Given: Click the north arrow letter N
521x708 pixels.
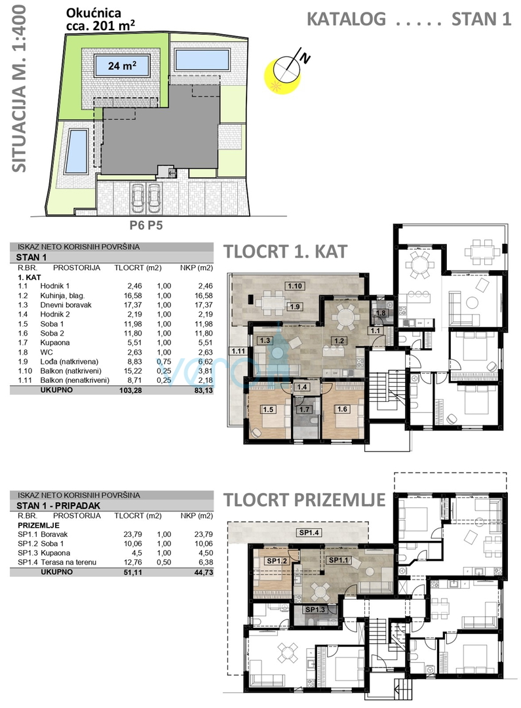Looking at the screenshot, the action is (x=306, y=58).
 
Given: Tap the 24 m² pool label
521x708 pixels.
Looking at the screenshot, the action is (x=122, y=66).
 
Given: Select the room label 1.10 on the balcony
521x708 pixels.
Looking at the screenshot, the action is (x=294, y=286).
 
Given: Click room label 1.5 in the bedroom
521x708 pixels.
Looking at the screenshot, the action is (x=268, y=410).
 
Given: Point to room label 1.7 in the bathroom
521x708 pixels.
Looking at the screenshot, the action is (x=304, y=410).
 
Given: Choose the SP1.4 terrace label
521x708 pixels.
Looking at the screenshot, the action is (x=309, y=533).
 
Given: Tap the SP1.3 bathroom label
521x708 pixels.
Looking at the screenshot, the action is (x=315, y=610).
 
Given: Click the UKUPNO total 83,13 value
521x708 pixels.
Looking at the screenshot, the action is (x=203, y=391).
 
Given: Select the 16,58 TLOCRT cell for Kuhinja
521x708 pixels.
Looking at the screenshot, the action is (x=132, y=296).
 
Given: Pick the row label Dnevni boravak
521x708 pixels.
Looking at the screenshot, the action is (x=66, y=305).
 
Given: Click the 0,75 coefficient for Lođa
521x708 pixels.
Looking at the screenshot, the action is (x=164, y=362).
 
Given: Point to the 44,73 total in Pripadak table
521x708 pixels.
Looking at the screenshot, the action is (x=203, y=572).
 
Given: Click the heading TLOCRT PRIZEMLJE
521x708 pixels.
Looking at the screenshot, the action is (x=305, y=500).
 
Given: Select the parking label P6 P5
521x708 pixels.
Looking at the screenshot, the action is (x=146, y=225).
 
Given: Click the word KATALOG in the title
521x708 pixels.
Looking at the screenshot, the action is (x=346, y=20).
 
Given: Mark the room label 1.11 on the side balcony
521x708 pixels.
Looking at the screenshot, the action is (x=238, y=351).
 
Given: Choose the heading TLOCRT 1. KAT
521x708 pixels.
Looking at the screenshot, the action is (x=286, y=252).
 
